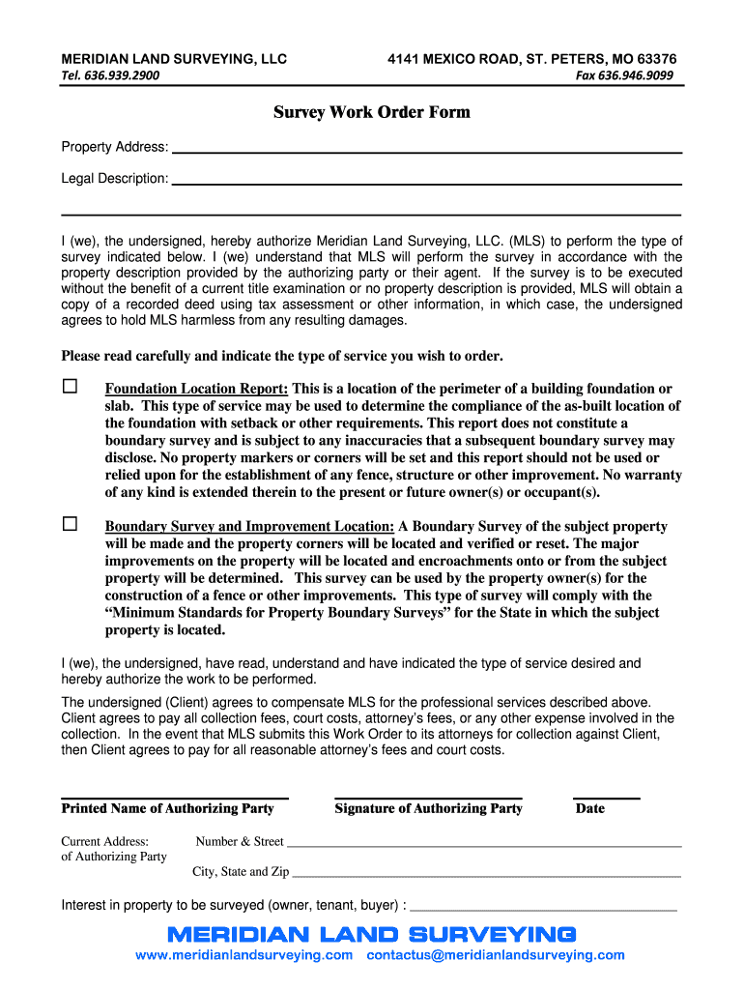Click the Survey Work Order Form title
tap(371, 112)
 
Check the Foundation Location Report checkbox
tap(71, 387)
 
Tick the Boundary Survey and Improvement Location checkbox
tap(71, 524)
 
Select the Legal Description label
tap(114, 179)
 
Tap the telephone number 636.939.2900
tap(110, 76)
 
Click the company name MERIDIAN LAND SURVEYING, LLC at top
tap(174, 59)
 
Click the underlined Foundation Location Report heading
tap(196, 389)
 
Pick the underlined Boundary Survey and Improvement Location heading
tap(249, 527)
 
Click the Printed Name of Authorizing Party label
tap(167, 808)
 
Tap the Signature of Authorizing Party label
tap(428, 808)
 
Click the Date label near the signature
tap(589, 808)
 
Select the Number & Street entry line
tap(484, 844)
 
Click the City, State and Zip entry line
tap(487, 874)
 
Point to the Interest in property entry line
tap(543, 909)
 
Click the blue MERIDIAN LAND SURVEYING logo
tap(371, 934)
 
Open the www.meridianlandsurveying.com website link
tap(243, 955)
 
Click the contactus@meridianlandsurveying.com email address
tap(496, 955)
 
